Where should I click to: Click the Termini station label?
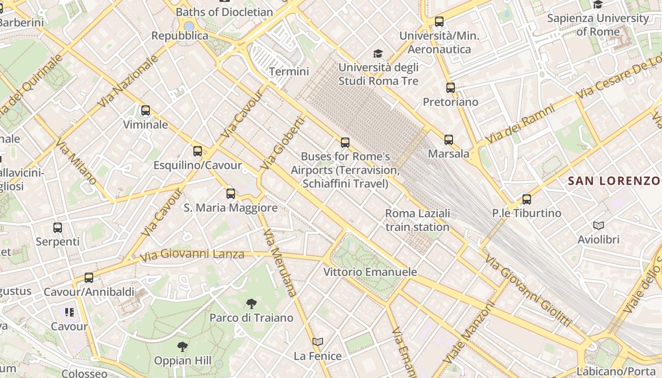288,72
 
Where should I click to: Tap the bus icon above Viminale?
146,111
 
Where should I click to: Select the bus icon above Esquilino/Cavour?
198,151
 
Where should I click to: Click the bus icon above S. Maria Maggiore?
231,193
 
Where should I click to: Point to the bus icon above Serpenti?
58,227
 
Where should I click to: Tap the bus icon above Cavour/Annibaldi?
89,277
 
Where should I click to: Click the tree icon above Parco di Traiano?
252,303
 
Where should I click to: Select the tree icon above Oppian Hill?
183,347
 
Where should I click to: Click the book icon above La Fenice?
318,342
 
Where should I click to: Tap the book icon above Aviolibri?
599,225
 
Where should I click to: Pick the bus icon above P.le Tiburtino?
527,199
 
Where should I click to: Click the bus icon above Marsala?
449,139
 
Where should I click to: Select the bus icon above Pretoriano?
451,87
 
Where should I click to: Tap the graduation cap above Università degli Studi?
378,53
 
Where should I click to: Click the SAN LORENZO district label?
614,180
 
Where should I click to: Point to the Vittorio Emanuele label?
370,272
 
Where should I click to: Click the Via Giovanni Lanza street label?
192,255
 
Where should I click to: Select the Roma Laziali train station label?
418,220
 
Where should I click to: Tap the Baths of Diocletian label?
225,12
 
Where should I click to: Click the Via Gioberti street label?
283,143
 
